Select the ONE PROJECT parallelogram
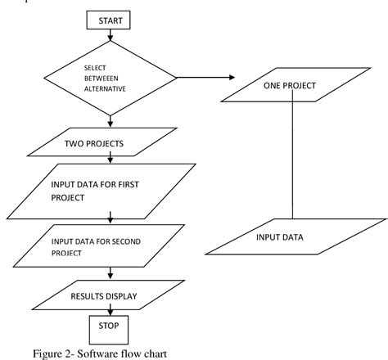(291, 85)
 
